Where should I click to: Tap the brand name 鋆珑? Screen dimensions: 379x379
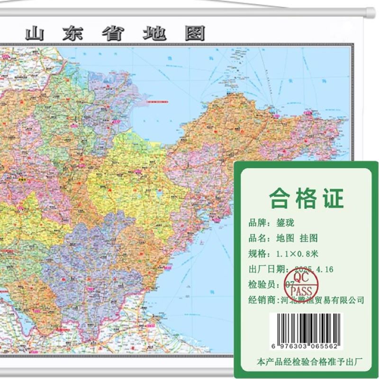point(284,223)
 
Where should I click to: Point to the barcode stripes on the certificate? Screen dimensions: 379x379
point(307,325)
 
